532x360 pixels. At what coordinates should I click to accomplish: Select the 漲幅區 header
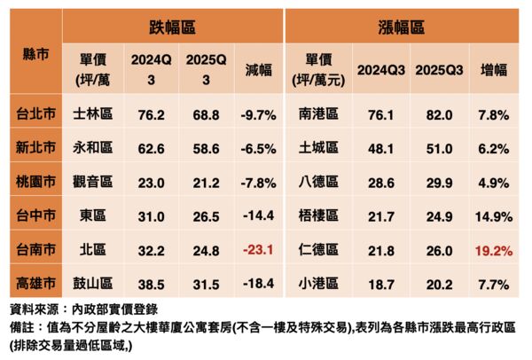click(x=404, y=26)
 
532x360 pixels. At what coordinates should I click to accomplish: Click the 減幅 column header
click(x=254, y=69)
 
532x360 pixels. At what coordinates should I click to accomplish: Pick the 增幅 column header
click(x=494, y=69)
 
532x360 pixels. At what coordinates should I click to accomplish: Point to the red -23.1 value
click(x=254, y=251)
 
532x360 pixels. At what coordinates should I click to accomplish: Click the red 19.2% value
click(x=494, y=251)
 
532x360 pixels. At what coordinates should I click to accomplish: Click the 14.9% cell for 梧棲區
click(x=494, y=216)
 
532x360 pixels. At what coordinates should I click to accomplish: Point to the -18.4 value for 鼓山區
click(x=254, y=285)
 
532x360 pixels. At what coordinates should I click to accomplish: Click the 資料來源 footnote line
click(x=82, y=310)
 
